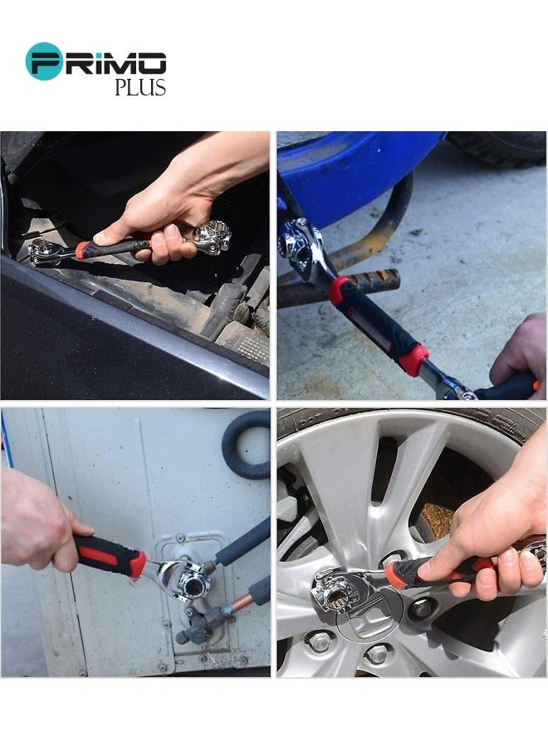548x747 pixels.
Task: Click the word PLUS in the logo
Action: (140, 87)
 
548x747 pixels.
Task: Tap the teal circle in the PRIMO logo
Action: (43, 61)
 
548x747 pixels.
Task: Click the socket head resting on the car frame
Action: (44, 250)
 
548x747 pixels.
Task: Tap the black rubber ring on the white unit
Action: (247, 444)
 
